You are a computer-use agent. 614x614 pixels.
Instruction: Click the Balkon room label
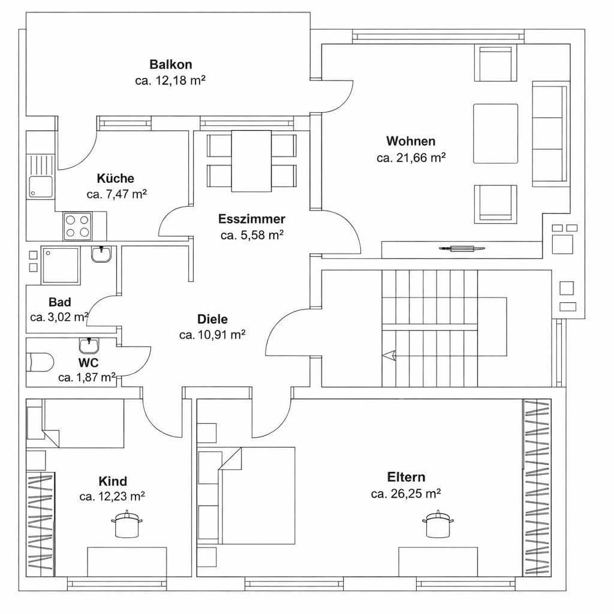click(x=171, y=65)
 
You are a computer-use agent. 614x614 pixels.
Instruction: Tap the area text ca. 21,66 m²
click(x=411, y=158)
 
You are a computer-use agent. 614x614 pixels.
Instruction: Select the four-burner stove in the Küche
click(x=78, y=226)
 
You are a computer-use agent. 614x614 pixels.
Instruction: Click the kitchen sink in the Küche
click(x=40, y=176)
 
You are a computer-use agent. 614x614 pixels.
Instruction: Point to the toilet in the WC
click(x=40, y=362)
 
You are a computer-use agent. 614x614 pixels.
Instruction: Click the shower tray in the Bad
click(x=60, y=265)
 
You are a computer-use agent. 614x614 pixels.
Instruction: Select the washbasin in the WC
click(x=89, y=345)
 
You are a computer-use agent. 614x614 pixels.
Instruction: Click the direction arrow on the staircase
click(x=389, y=356)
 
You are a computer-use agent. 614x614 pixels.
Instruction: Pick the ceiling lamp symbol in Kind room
click(x=127, y=525)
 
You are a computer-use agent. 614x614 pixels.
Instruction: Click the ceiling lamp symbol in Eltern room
click(x=438, y=525)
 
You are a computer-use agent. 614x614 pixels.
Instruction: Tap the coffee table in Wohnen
click(x=495, y=133)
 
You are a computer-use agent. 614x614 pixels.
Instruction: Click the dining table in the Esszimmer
click(x=251, y=161)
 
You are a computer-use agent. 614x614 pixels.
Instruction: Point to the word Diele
click(x=212, y=320)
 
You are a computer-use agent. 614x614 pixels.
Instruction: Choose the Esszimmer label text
click(x=251, y=219)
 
